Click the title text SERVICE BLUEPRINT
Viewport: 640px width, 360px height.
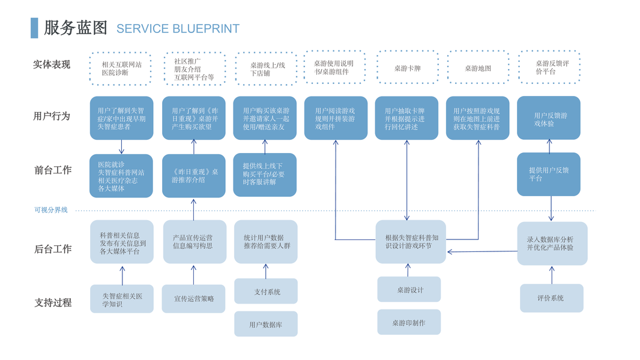[x=178, y=29]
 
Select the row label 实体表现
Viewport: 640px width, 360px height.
[x=52, y=65]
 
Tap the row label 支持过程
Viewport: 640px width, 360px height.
[x=53, y=303]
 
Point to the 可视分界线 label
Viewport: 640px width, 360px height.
[x=51, y=210]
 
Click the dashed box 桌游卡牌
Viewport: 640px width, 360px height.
[x=408, y=68]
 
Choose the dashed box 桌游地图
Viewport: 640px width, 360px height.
[x=478, y=68]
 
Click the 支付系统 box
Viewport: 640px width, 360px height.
[x=266, y=292]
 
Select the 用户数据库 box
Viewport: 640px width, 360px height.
[x=266, y=324]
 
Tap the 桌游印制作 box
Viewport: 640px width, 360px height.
[x=409, y=322]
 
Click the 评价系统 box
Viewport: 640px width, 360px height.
[x=551, y=298]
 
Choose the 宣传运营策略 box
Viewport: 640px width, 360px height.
[x=193, y=299]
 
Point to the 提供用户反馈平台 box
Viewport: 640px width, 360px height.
[x=549, y=174]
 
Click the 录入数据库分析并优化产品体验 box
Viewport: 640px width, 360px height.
[x=552, y=244]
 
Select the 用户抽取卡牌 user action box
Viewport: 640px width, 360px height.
[x=406, y=118]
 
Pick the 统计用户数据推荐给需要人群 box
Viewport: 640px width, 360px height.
[x=266, y=242]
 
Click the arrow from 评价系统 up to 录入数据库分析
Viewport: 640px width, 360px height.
[x=552, y=275]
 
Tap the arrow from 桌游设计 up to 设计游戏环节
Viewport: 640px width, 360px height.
[x=408, y=270]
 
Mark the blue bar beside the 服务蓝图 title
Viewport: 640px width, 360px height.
[x=34, y=28]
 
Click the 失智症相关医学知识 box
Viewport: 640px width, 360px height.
[x=122, y=299]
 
